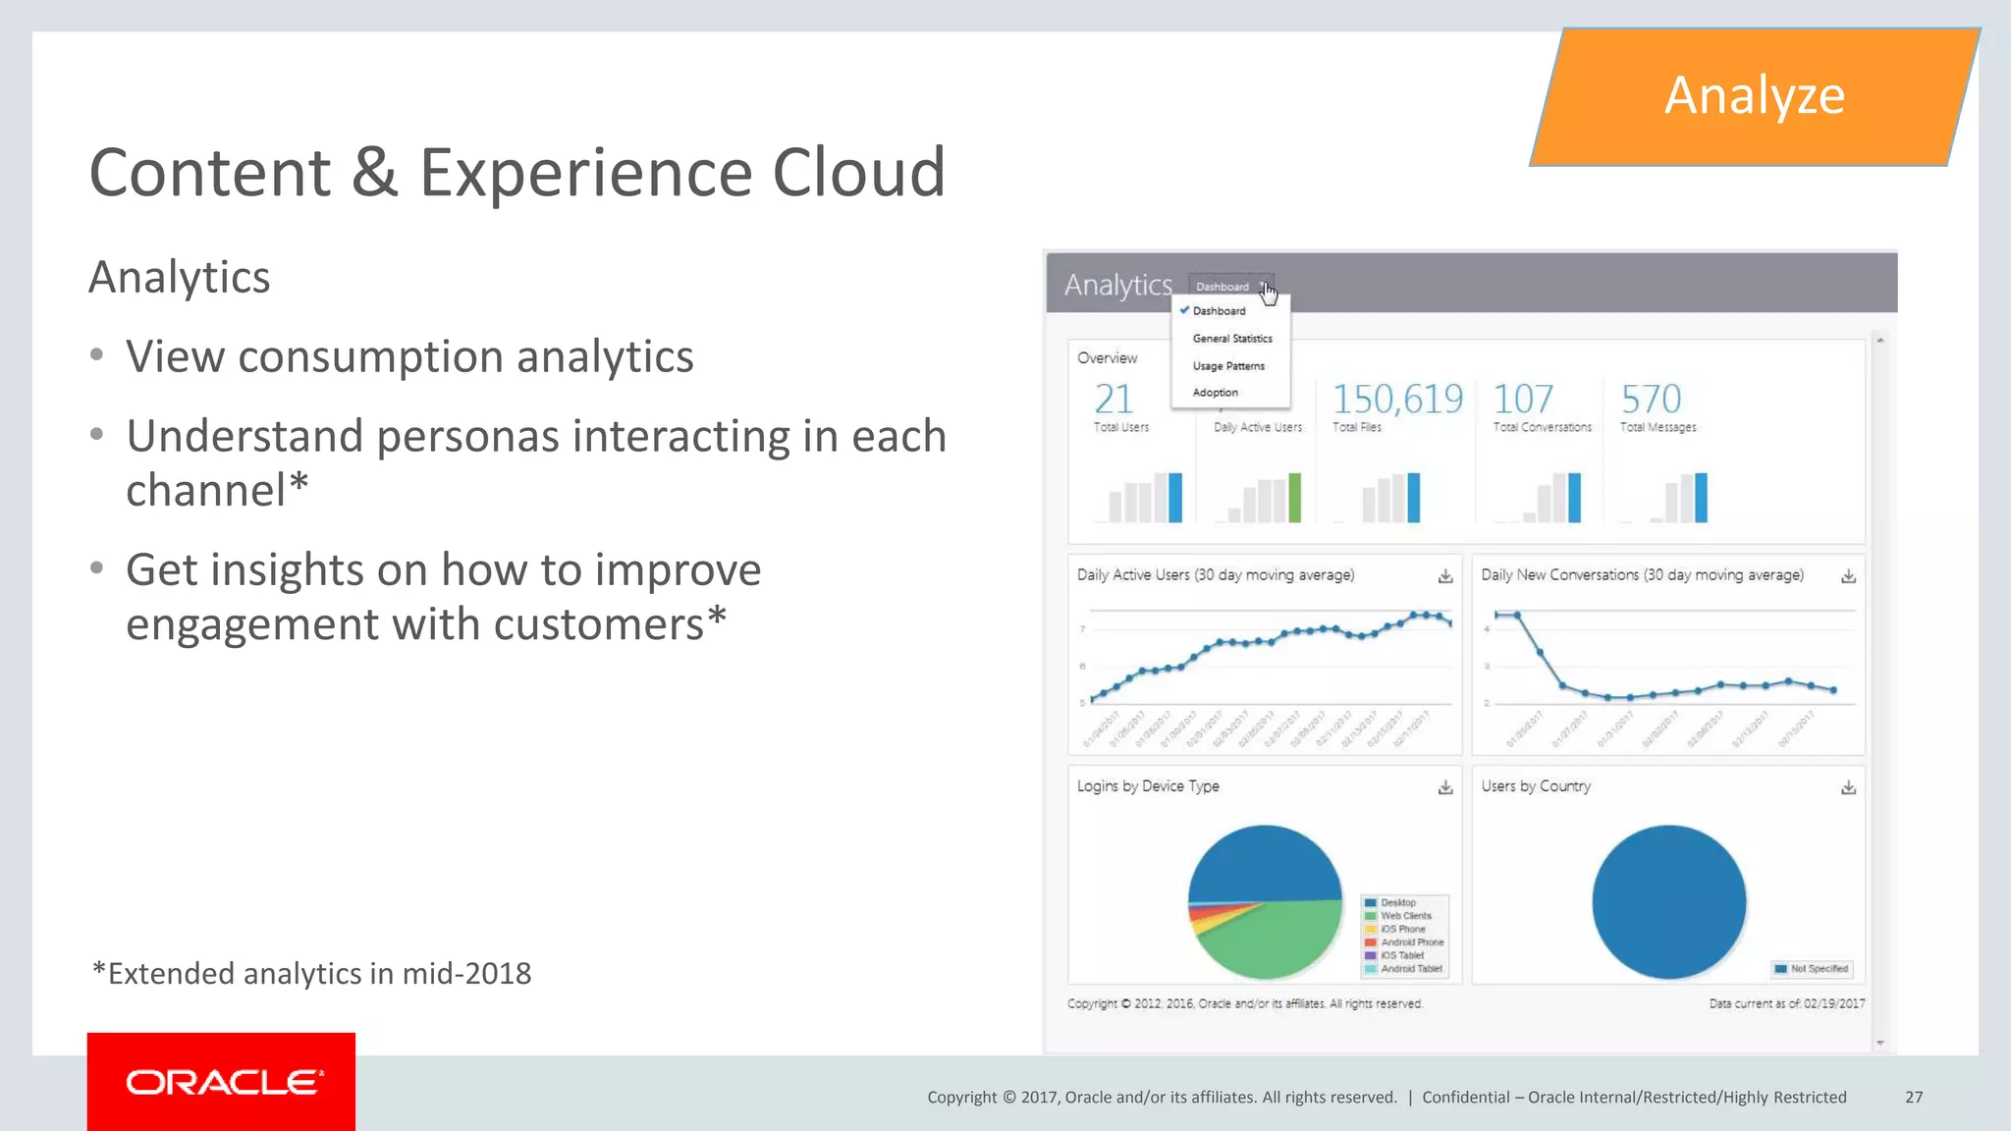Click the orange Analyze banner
click(x=1754, y=96)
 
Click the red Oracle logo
click(x=221, y=1082)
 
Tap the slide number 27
click(x=1914, y=1097)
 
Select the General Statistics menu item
click(x=1231, y=339)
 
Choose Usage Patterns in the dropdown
click(x=1228, y=366)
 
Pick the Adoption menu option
click(x=1215, y=393)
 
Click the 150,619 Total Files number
click(x=1397, y=400)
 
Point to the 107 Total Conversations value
click(x=1523, y=400)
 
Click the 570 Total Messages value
click(x=1651, y=400)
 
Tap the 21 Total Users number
click(x=1114, y=400)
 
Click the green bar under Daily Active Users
click(x=1294, y=498)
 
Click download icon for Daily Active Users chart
click(x=1445, y=576)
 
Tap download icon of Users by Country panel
click(x=1848, y=787)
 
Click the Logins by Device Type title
click(x=1148, y=786)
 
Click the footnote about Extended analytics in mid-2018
click(x=311, y=974)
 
